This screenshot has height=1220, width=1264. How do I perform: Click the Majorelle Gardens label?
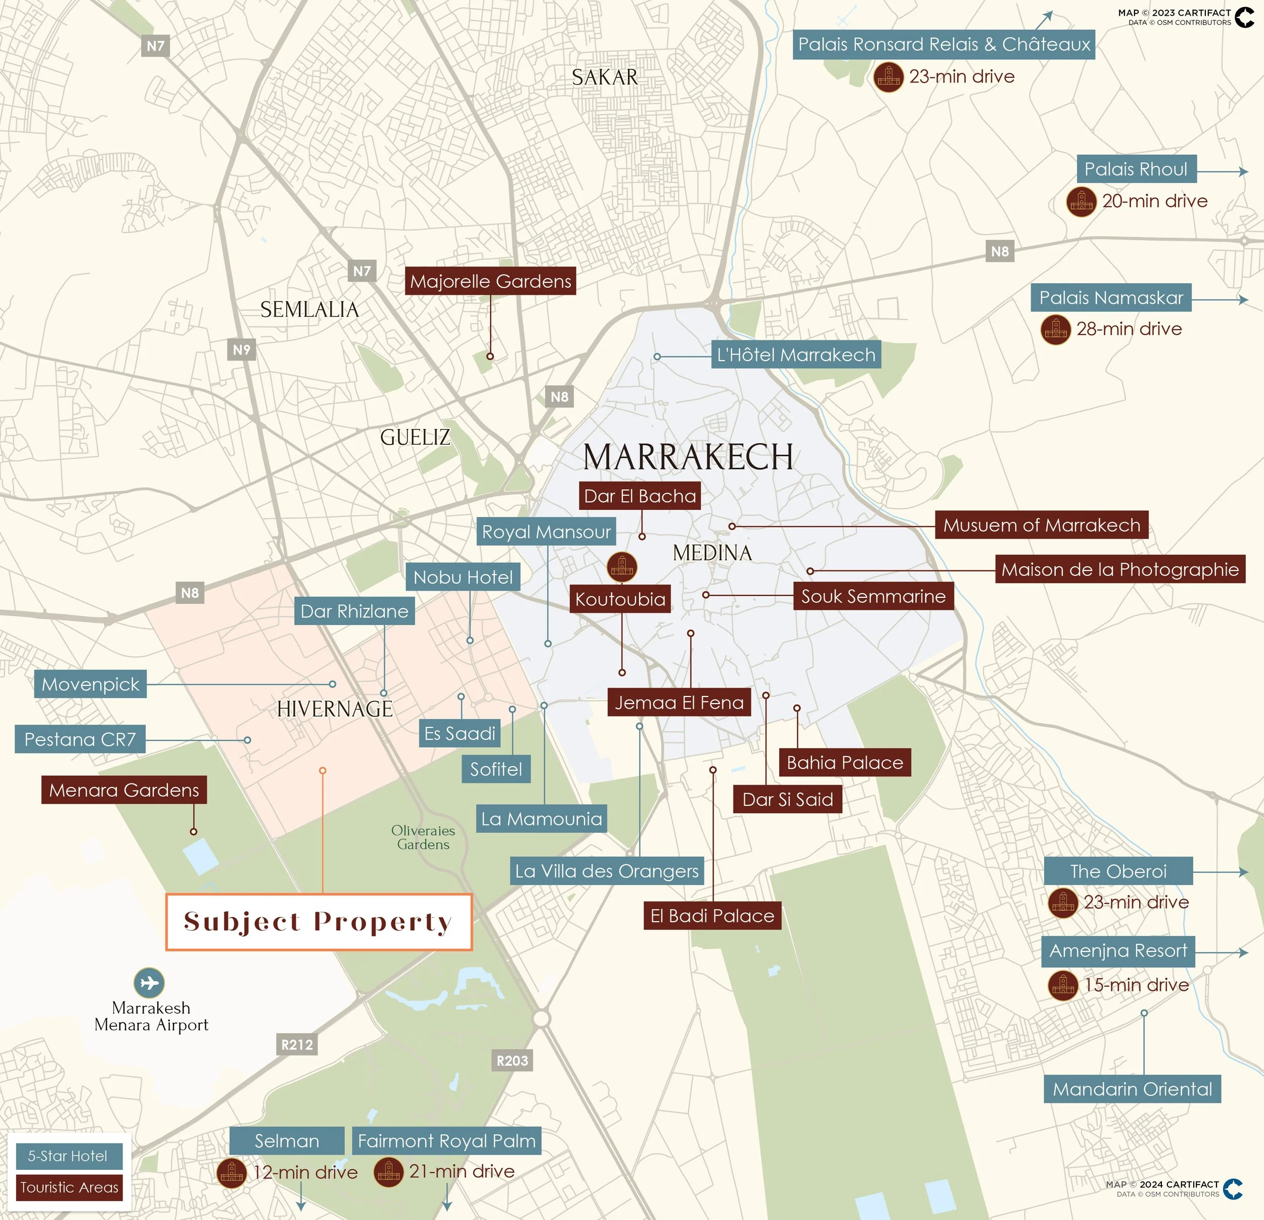(x=490, y=281)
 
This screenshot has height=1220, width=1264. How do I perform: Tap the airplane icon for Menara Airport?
(x=149, y=983)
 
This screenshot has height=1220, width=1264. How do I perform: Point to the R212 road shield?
(x=297, y=1044)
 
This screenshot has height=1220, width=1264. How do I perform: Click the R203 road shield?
(x=512, y=1060)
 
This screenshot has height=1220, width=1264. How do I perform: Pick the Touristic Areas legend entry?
(x=69, y=1187)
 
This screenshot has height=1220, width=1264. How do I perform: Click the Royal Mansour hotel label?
(x=546, y=532)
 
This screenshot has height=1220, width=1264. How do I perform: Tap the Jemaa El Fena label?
(x=679, y=702)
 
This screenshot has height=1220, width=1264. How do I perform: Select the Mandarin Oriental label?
(x=1132, y=1089)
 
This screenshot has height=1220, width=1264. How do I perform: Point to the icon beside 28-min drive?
(x=1056, y=330)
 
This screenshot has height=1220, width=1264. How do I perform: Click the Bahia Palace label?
(x=845, y=763)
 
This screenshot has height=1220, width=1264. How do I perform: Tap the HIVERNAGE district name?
(x=335, y=709)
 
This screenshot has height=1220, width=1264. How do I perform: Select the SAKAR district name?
(x=604, y=77)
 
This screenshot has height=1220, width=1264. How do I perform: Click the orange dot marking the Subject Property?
(x=323, y=770)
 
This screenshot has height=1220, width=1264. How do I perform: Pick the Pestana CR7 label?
(x=80, y=739)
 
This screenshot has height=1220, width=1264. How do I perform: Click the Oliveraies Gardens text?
(x=423, y=838)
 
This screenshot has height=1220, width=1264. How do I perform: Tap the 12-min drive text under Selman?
(x=305, y=1172)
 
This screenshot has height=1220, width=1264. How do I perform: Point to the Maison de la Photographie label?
(x=1119, y=569)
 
